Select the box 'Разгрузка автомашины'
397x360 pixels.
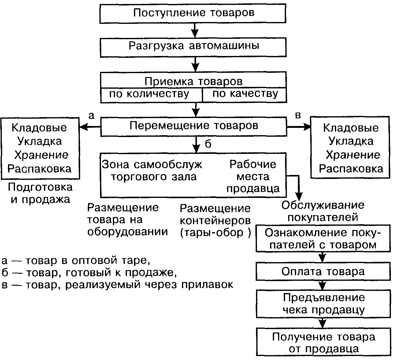193,47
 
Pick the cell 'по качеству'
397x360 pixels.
245,94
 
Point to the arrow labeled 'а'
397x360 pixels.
90,127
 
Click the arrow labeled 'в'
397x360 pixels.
299,127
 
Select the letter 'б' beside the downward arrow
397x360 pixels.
208,144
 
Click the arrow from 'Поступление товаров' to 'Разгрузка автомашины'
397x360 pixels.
195,30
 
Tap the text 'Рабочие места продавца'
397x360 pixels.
253,176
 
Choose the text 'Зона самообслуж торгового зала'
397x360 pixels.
152,171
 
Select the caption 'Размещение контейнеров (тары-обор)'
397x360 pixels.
215,221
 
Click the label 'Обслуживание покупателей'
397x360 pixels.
323,211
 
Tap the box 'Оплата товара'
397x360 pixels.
323,271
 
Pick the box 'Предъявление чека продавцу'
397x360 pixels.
323,303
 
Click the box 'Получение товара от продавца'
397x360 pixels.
323,342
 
